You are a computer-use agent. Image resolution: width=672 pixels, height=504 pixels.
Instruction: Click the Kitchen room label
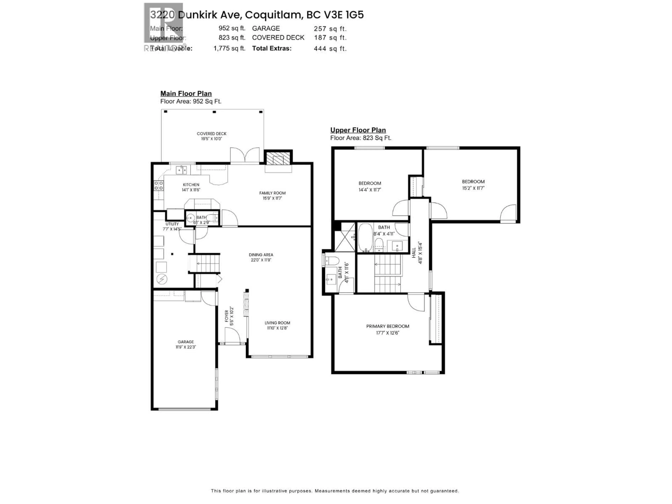[191, 185]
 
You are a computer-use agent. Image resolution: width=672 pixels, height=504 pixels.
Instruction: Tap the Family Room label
[272, 193]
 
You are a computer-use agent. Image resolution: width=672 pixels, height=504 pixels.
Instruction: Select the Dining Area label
[261, 255]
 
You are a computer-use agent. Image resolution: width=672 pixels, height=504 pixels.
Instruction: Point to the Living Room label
[277, 323]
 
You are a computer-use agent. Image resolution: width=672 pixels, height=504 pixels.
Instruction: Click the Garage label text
[186, 342]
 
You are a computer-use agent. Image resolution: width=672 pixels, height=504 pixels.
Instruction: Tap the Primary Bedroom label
[387, 326]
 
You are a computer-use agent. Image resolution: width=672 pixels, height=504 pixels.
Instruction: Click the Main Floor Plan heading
[186, 94]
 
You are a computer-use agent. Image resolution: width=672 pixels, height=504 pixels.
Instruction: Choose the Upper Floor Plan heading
[358, 130]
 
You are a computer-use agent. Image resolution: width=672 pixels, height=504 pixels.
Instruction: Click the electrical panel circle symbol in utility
[162, 279]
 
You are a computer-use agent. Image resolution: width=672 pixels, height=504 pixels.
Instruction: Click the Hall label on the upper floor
[414, 253]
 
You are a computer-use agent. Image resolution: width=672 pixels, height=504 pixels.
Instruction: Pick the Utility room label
[172, 224]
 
